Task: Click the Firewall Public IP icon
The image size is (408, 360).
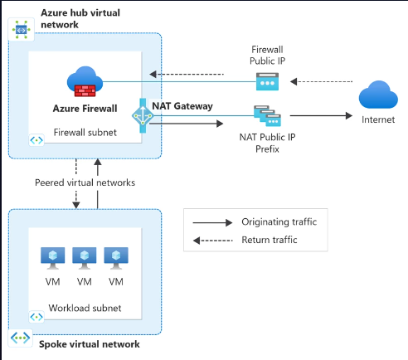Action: (267, 81)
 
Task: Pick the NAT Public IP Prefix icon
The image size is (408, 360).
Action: (265, 118)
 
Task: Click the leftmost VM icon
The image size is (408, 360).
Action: (51, 257)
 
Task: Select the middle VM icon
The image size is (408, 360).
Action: (84, 257)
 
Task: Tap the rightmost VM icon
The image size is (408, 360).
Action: (116, 257)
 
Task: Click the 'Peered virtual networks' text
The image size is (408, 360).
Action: (85, 182)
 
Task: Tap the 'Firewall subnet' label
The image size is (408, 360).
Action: (84, 131)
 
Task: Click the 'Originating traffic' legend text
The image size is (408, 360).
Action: (279, 222)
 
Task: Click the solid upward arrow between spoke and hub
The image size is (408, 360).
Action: (98, 187)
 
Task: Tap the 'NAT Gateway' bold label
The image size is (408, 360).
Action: (182, 106)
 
